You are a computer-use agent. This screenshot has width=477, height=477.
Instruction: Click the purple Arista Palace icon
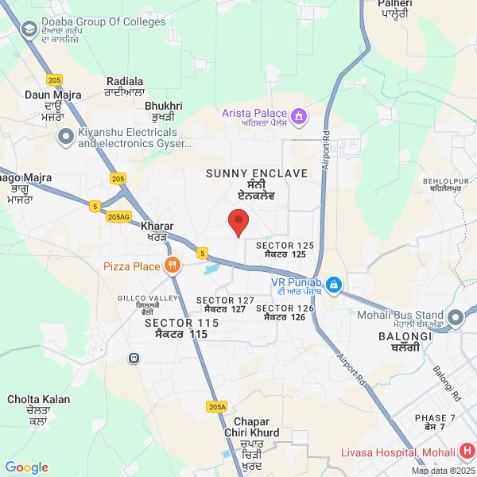point(299,118)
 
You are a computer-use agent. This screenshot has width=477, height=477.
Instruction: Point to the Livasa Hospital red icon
point(466,452)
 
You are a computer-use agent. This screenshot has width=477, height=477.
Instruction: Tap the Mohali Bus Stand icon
point(456,318)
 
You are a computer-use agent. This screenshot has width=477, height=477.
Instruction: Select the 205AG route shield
point(118,216)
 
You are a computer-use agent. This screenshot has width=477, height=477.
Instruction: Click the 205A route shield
point(216,406)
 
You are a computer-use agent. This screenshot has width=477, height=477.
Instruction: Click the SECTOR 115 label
point(181,324)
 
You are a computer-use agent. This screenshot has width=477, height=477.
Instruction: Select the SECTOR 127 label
point(225,301)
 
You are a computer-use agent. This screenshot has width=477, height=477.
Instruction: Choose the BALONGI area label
point(405,336)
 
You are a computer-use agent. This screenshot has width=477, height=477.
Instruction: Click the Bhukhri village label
point(164,106)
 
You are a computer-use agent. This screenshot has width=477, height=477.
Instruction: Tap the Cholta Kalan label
point(38,399)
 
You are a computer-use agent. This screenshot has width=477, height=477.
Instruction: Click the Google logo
point(26,467)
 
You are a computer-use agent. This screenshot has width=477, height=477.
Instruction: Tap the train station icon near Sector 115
point(133,357)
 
